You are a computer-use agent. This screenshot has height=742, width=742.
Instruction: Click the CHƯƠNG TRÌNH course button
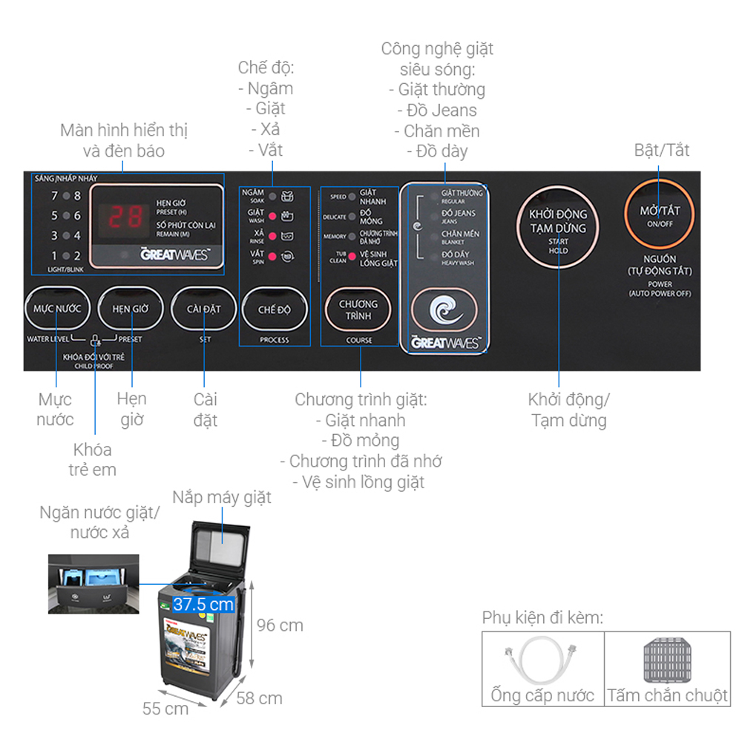coord(358,309)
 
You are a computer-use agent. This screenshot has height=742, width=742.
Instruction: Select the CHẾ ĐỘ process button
coord(274,309)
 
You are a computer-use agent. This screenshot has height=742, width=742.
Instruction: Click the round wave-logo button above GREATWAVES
coord(444,309)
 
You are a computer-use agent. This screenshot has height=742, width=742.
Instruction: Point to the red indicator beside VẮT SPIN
coord(272,257)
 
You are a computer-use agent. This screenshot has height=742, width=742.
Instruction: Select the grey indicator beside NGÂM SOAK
coord(272,197)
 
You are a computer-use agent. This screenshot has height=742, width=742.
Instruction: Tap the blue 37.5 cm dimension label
coord(204,604)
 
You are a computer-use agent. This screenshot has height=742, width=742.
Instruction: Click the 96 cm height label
coord(280,625)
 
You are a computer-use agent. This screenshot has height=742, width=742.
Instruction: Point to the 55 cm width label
coord(165,709)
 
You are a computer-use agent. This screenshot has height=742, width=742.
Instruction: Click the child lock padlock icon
coord(94,341)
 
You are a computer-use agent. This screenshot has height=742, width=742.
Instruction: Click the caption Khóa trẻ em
coord(93,459)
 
